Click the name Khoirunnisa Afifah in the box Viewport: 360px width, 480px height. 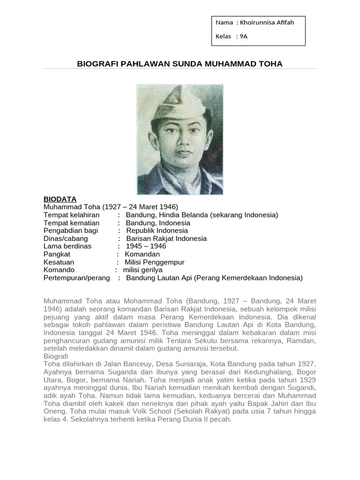click(268, 22)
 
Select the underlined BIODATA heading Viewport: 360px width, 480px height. click(60, 199)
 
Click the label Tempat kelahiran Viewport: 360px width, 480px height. click(71, 215)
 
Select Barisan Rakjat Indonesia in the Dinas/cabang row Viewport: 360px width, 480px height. click(166, 239)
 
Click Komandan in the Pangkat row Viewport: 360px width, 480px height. click(142, 254)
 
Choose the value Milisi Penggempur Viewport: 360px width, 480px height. click(154, 262)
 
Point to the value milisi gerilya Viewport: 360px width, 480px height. click(142, 270)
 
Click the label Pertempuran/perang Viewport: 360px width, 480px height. click(76, 278)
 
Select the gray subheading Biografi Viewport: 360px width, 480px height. click(56, 356)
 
